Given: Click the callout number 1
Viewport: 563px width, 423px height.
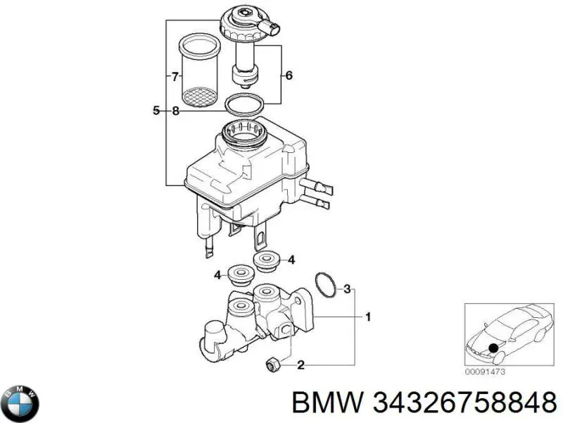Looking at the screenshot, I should (x=367, y=317).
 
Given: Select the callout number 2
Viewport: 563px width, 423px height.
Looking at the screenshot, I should (x=301, y=364).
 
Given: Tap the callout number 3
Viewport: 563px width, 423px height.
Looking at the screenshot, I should (x=346, y=288).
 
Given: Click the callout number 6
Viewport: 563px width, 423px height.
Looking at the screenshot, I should (x=289, y=75).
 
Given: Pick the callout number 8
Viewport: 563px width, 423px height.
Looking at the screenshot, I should (x=175, y=110).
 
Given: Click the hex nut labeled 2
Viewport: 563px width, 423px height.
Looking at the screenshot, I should (x=272, y=364).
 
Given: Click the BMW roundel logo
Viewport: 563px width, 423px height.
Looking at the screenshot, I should (x=21, y=404).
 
